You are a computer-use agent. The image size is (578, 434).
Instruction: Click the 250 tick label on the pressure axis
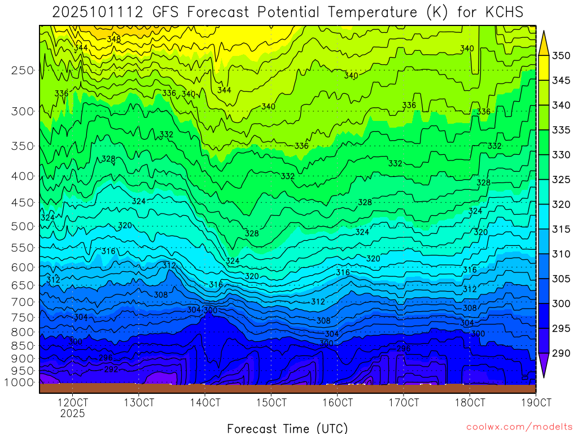coord(23,70)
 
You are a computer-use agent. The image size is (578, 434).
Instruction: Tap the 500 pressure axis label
coord(23,226)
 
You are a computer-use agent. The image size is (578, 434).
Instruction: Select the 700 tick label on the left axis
coord(23,302)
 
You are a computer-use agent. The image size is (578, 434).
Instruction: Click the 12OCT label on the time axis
coord(73,402)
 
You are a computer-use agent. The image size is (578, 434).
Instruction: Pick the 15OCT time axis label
coord(271,402)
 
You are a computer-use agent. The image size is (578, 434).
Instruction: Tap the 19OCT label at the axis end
coord(535,402)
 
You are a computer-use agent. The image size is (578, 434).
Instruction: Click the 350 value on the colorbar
coord(561,55)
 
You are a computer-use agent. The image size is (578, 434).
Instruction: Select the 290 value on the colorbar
coord(561,353)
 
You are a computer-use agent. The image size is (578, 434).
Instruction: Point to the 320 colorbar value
coord(561,204)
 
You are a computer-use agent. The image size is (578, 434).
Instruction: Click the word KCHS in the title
coord(502,12)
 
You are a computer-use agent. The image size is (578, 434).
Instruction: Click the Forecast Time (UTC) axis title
coord(287,428)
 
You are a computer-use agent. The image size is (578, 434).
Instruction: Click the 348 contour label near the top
coord(113,39)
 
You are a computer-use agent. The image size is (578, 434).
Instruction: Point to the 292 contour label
coord(111,369)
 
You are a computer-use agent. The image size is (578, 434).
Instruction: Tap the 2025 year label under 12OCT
coord(73,413)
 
